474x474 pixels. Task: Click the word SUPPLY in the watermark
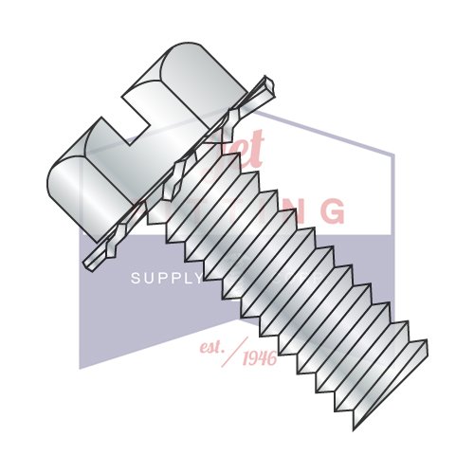(x=167, y=279)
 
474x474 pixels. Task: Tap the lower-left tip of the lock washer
(x=88, y=261)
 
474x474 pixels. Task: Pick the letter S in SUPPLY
(x=134, y=279)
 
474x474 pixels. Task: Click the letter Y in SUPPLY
(x=198, y=279)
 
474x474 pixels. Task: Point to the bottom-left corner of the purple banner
(x=80, y=368)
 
